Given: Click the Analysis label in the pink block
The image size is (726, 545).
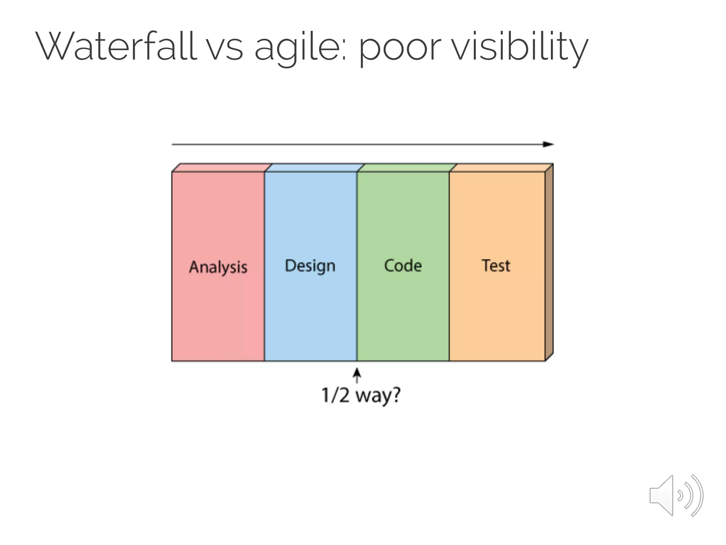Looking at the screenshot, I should coord(218,267).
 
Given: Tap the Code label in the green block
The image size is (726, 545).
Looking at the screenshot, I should coord(403,266).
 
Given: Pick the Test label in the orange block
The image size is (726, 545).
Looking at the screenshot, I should coord(496,265).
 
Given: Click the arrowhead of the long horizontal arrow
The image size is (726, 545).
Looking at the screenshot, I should coord(549,144).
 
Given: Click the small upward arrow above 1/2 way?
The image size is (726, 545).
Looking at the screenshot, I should coord(357,374).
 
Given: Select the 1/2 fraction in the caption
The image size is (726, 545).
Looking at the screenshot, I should coord(335,395).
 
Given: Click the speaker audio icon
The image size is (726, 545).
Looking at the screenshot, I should coord(676,495).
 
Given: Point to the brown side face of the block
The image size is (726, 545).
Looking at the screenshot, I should coord(549,263).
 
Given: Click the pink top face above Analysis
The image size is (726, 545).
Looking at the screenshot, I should coord(222,168).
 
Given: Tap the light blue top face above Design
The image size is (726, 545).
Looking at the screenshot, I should coord(314,168).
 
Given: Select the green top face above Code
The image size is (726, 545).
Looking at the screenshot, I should coord(407,168).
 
